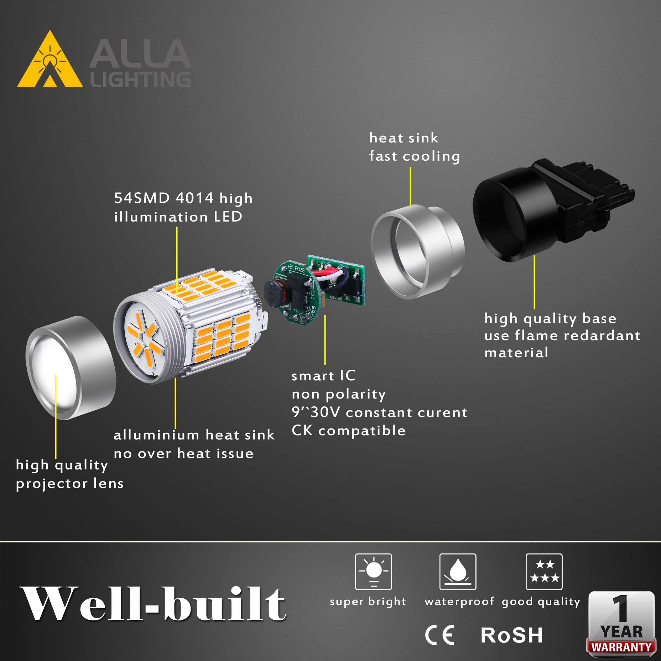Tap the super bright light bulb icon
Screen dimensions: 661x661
tap(373, 572)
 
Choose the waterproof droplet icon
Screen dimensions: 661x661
tap(458, 572)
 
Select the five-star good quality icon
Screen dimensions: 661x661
tap(544, 572)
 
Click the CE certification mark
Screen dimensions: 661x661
tap(440, 635)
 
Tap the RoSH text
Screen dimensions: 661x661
tap(511, 635)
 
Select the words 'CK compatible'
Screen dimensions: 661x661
tap(348, 431)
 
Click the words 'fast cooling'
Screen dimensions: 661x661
tap(414, 156)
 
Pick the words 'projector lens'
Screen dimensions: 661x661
tap(70, 483)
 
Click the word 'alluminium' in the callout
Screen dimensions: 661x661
tap(156, 435)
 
